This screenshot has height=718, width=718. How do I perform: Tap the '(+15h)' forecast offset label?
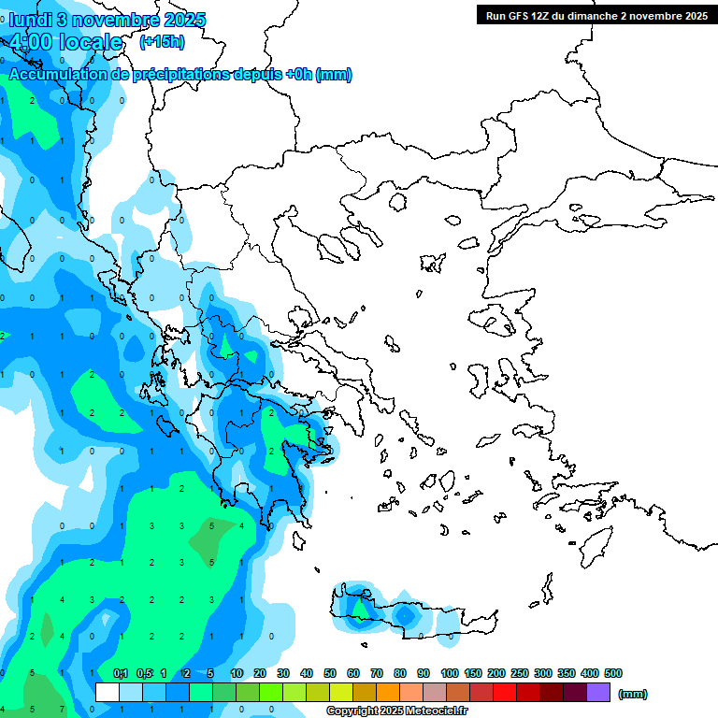click(x=162, y=41)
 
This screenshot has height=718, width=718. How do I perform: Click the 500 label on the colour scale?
click(x=613, y=673)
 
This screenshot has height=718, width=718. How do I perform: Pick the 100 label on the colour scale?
click(x=450, y=673)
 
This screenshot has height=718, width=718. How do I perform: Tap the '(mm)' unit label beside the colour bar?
click(x=633, y=694)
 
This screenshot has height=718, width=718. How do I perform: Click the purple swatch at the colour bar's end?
click(x=598, y=693)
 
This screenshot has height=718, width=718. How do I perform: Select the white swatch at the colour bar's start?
click(x=108, y=693)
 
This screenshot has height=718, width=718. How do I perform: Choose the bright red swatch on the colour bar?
click(x=505, y=693)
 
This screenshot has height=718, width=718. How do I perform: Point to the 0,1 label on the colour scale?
click(x=121, y=673)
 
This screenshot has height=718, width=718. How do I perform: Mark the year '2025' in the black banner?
click(x=692, y=16)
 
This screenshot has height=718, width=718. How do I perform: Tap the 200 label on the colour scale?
click(x=496, y=673)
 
